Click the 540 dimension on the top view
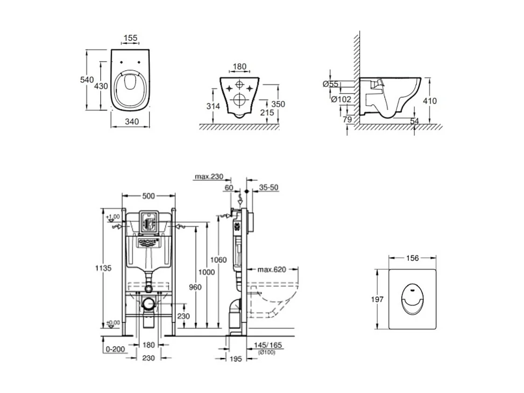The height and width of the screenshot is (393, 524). click(87, 80)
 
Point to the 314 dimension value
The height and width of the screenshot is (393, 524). click(213, 106)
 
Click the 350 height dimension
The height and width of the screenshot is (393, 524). click(278, 105)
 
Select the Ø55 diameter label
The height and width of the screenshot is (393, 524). click(331, 84)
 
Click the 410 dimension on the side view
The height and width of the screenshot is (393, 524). click(430, 101)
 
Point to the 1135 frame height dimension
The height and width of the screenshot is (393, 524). click(103, 268)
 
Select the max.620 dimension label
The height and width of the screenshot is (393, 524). click(278, 270)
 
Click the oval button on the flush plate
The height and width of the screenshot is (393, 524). click(411, 299)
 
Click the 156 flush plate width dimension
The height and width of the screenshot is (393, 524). click(412, 258)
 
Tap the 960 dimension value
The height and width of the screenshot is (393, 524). click(195, 287)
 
